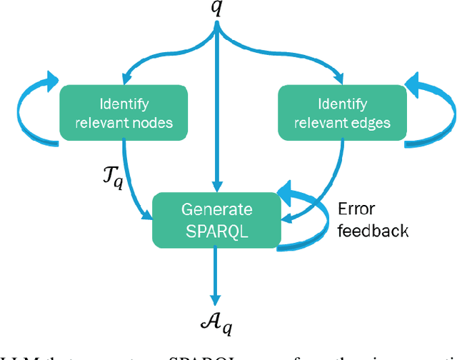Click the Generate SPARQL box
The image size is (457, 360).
216,219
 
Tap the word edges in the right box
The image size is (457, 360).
372,122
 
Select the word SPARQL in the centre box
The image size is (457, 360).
216,229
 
